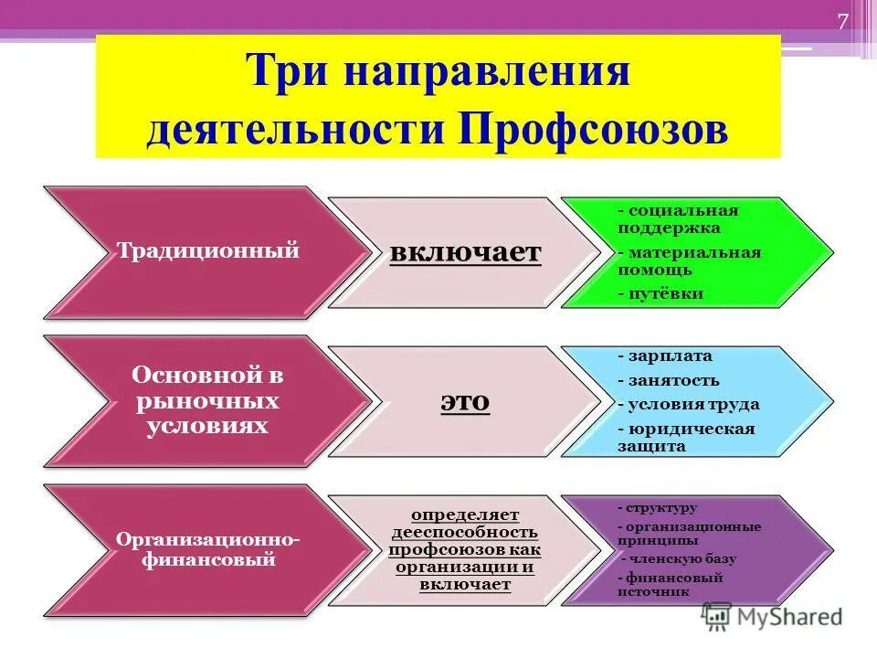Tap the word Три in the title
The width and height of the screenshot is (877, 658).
(x=286, y=71)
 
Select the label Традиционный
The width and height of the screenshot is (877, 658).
(x=208, y=250)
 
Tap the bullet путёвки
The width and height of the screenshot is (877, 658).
(x=660, y=293)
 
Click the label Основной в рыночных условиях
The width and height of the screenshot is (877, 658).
(x=208, y=400)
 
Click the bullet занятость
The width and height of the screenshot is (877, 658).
(x=668, y=379)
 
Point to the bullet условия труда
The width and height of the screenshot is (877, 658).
(x=688, y=404)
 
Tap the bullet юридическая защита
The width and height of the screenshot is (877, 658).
(x=686, y=437)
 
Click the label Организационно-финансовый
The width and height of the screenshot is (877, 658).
(x=208, y=550)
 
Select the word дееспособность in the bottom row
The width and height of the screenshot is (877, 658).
(x=465, y=532)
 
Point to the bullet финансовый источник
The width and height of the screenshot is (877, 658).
(x=670, y=584)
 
